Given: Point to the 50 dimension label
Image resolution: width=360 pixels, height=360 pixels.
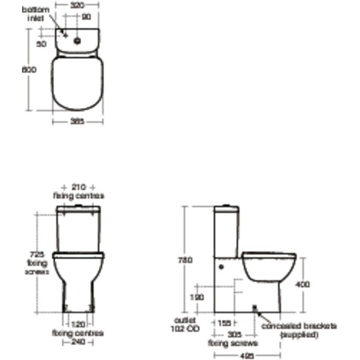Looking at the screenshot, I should [x=41, y=44].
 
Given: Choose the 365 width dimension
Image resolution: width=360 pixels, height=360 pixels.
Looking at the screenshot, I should [x=77, y=121].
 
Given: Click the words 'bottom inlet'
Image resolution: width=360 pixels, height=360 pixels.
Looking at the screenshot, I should [x=36, y=14].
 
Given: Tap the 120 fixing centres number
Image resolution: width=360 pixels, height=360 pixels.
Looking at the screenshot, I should [x=79, y=324].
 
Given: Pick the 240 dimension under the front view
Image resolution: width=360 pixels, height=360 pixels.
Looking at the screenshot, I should [x=79, y=342].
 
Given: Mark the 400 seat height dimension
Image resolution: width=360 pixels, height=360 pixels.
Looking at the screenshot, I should [x=303, y=284].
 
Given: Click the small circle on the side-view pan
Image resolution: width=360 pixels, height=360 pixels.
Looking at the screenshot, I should [x=221, y=266].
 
